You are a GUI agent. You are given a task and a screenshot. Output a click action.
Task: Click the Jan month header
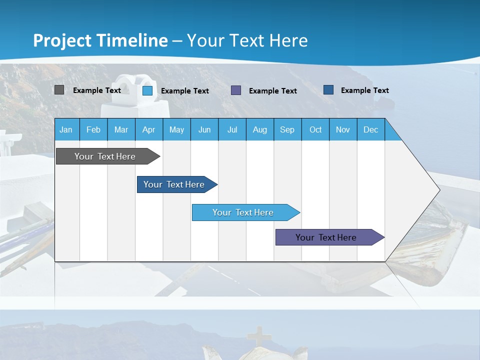pyautogui.click(x=66, y=129)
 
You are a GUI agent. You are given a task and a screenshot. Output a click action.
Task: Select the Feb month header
pyautogui.click(x=93, y=129)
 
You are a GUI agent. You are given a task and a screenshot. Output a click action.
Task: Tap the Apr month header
pyautogui.click(x=148, y=129)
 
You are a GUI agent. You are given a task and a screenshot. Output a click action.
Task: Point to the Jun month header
pyautogui.click(x=204, y=129)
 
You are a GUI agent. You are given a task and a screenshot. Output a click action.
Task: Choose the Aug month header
pyautogui.click(x=259, y=129)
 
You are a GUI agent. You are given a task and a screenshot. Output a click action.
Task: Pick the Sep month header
pyautogui.click(x=287, y=129)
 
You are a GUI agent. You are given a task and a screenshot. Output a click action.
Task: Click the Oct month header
pyautogui.click(x=315, y=129)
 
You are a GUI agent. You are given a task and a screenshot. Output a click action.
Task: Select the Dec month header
pyautogui.click(x=370, y=129)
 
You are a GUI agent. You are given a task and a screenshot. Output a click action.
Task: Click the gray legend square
pyautogui.click(x=59, y=90)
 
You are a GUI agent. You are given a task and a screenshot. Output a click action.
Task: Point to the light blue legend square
pyautogui.click(x=147, y=90)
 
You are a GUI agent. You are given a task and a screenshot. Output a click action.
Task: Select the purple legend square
pyautogui.click(x=236, y=90)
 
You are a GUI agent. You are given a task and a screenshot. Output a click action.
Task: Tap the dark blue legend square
pyautogui.click(x=328, y=90)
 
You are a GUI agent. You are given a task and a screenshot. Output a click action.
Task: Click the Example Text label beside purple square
pyautogui.click(x=272, y=91)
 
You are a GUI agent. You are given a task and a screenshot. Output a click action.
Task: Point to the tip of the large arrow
pyautogui.click(x=439, y=190)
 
